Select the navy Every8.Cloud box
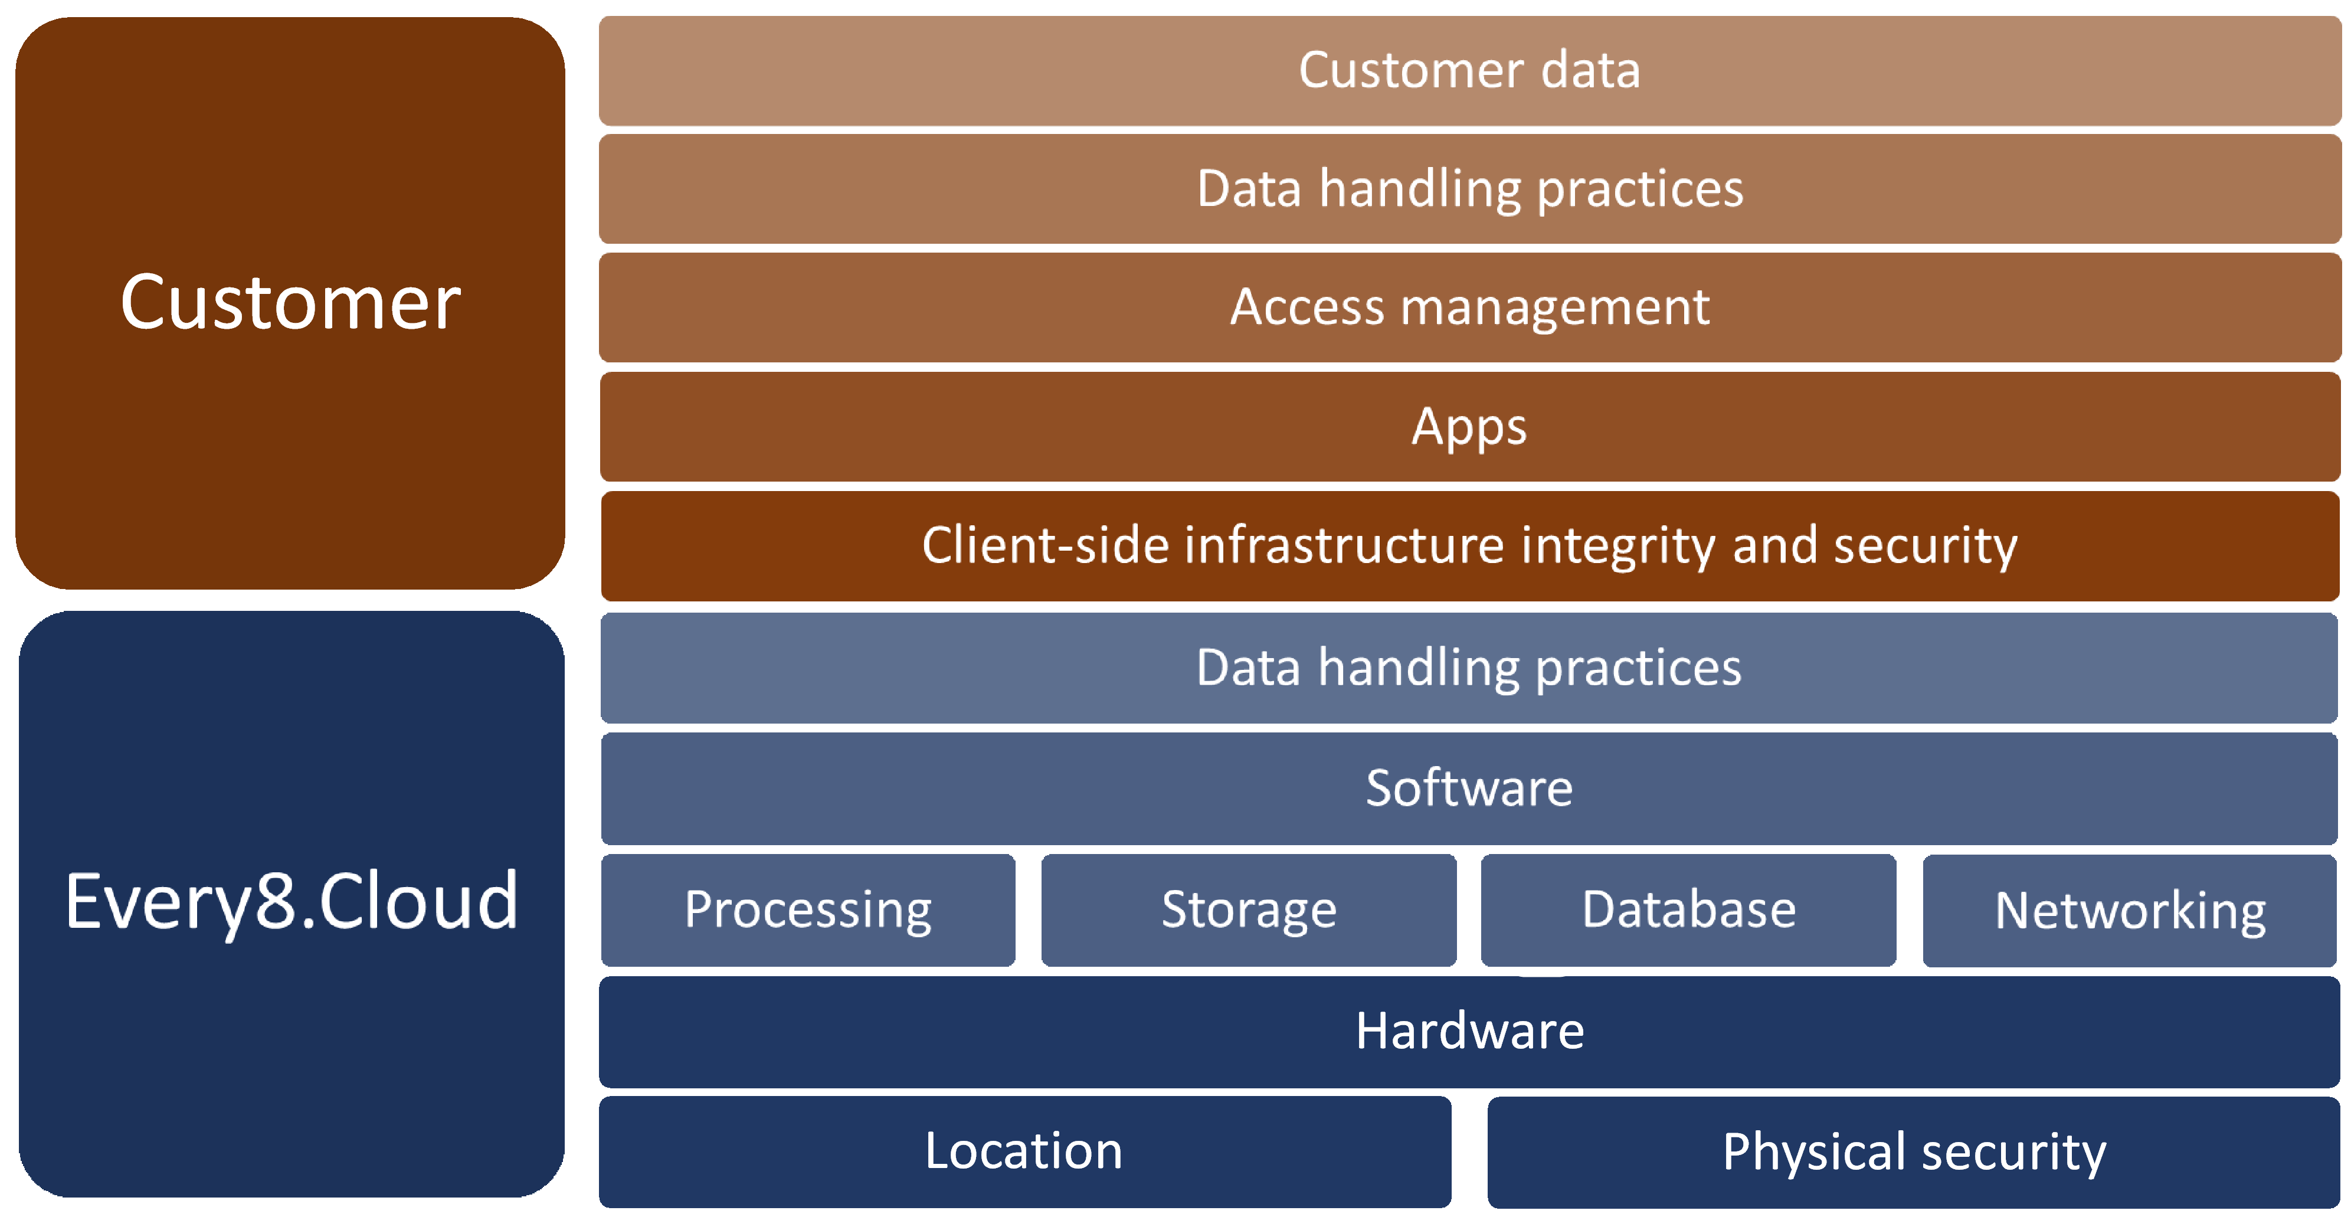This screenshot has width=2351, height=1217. click(290, 904)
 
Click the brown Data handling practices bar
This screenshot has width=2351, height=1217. click(1469, 189)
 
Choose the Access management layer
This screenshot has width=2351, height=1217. click(1469, 307)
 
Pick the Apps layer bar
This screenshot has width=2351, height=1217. click(1469, 426)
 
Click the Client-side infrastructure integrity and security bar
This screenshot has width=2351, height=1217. click(1469, 546)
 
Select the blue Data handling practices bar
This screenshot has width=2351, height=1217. click(1469, 668)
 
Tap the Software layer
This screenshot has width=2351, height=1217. click(1469, 788)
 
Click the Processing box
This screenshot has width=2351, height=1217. click(808, 910)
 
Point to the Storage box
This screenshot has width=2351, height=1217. click(1249, 910)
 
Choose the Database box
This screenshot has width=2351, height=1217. click(1688, 910)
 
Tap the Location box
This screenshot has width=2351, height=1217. click(1024, 1151)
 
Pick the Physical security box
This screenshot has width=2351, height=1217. click(1914, 1152)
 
